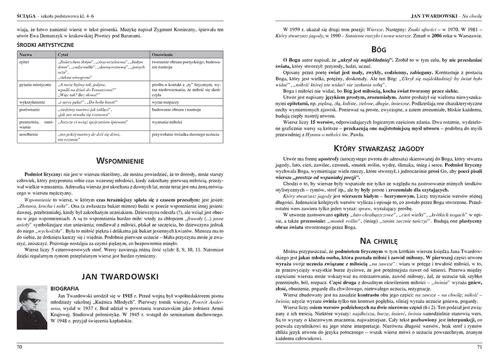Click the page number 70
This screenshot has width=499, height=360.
(x=20, y=346)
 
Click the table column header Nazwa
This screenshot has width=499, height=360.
(x=24, y=53)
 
